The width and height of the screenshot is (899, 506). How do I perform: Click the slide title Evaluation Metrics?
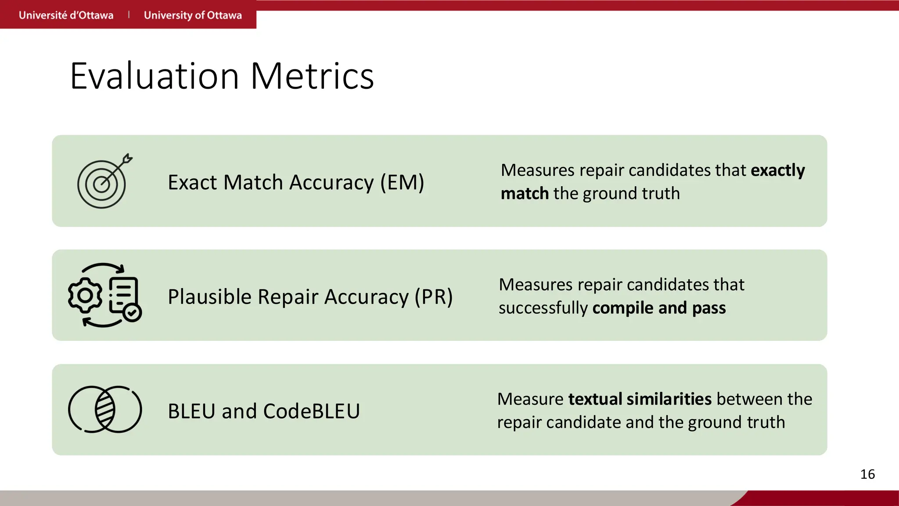click(x=222, y=76)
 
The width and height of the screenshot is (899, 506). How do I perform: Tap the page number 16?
click(x=867, y=474)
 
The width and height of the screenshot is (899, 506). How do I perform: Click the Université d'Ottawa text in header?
click(x=66, y=15)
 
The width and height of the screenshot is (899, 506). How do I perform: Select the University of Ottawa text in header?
click(x=193, y=15)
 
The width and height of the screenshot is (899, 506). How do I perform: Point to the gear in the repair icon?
click(x=85, y=295)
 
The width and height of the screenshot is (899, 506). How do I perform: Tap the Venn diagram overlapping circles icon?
click(x=105, y=409)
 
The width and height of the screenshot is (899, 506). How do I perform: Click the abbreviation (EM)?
click(x=402, y=182)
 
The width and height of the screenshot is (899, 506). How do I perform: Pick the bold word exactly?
click(x=778, y=170)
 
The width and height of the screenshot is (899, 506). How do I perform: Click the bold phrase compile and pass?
click(x=659, y=308)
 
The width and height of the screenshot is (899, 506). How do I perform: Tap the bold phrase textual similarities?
click(x=640, y=399)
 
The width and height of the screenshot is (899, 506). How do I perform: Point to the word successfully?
click(x=543, y=308)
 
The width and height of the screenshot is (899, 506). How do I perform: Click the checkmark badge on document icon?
click(x=132, y=313)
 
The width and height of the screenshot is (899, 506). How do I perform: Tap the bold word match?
click(x=525, y=194)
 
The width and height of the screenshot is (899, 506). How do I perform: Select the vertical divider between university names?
click(x=129, y=15)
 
